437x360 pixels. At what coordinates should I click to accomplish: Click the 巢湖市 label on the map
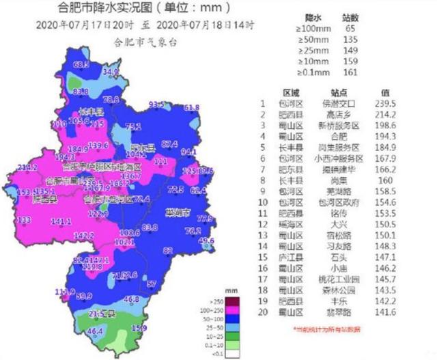[178, 212]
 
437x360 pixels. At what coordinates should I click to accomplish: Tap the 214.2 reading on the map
[27, 167]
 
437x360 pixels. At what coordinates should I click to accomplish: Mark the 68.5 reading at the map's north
[81, 64]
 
